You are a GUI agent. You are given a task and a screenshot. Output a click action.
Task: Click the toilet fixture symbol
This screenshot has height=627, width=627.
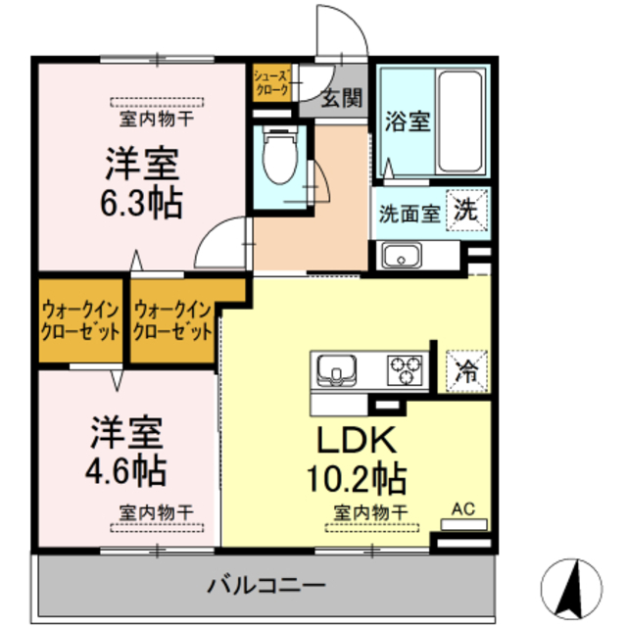[x=277, y=157]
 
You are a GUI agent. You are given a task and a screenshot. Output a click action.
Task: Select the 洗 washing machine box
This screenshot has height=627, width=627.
[x=466, y=209]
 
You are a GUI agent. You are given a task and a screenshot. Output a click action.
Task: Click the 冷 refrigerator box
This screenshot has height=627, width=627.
[x=466, y=371]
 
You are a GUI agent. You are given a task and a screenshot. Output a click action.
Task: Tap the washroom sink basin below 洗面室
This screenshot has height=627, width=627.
[x=401, y=258]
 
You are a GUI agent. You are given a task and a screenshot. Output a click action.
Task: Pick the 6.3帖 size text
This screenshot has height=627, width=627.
[x=142, y=202]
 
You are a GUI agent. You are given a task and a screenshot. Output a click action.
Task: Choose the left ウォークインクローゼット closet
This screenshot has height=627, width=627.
[x=79, y=320]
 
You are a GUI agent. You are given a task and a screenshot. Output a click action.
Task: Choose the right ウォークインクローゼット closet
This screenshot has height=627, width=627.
[x=173, y=320]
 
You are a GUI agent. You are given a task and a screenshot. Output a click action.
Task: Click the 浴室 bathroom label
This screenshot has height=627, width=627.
[x=408, y=122]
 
